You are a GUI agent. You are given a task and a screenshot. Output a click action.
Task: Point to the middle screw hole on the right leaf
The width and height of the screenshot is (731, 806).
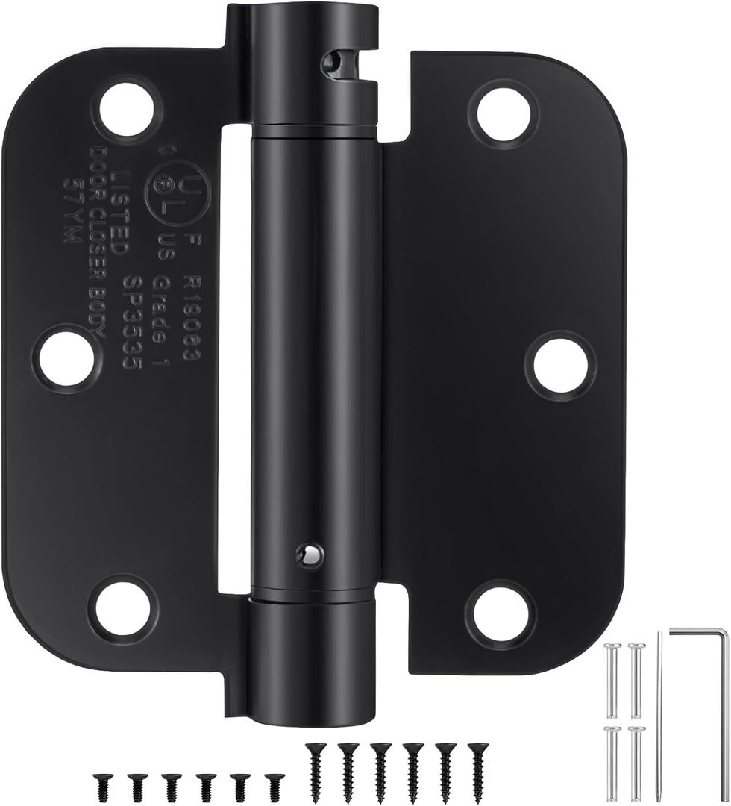point(560,365)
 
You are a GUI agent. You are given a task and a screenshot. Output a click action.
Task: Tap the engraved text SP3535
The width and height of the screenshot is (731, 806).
point(135,322)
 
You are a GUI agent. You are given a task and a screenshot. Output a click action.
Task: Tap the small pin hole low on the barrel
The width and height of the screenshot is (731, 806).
point(307,553)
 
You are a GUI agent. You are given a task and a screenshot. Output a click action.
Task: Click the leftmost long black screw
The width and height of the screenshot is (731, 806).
point(313,765)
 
